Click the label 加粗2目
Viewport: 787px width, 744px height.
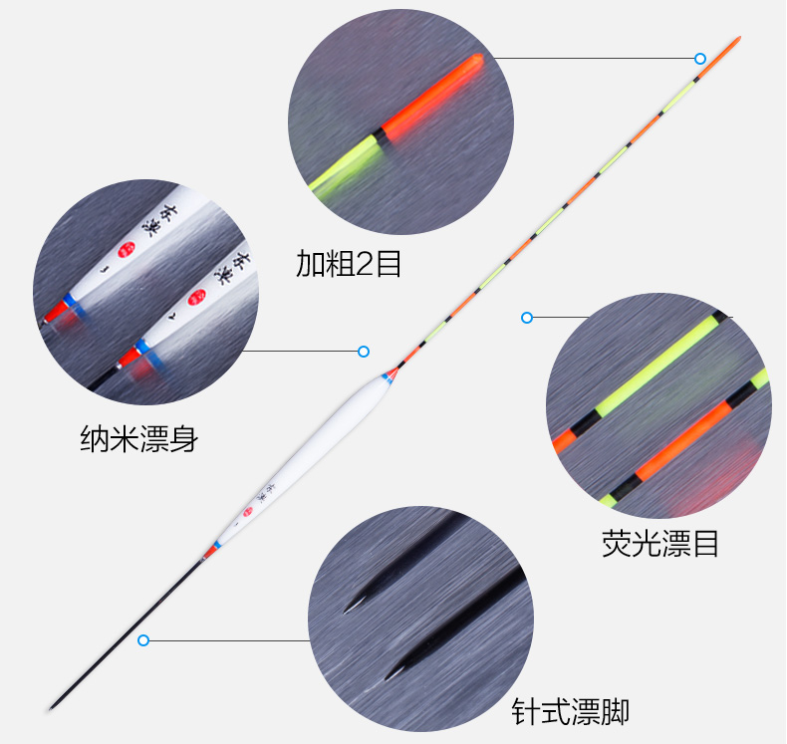pyautogui.click(x=349, y=263)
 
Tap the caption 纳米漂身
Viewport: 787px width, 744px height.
pyautogui.click(x=138, y=439)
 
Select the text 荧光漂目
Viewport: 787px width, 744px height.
pyautogui.click(x=659, y=544)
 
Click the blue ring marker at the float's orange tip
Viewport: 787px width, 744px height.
pyautogui.click(x=700, y=59)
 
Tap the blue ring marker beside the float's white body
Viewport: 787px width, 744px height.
pyautogui.click(x=364, y=352)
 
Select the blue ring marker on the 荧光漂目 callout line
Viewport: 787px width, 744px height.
pyautogui.click(x=527, y=318)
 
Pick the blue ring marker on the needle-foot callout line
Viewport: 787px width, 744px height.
pyautogui.click(x=143, y=639)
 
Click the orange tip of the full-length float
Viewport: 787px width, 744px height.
pyautogui.click(x=734, y=44)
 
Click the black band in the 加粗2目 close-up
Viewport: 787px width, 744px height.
pyautogui.click(x=380, y=136)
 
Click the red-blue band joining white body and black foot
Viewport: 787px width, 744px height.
pyautogui.click(x=211, y=549)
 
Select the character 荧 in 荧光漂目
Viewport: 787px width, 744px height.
pyautogui.click(x=616, y=544)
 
